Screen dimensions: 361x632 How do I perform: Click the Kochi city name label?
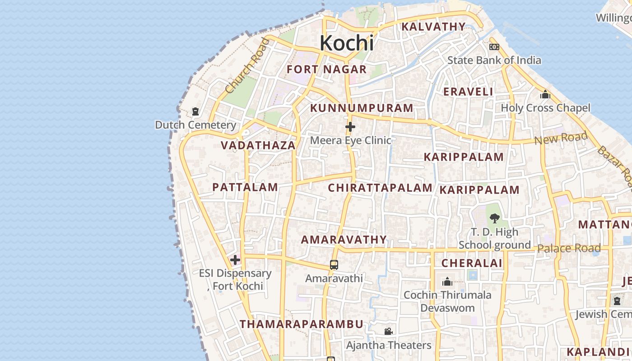347,43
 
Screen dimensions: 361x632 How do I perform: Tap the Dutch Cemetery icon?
195,111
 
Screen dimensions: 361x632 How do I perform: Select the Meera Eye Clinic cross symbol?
350,127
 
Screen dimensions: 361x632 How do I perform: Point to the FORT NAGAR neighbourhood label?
327,69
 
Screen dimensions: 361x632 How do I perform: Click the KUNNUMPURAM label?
362,108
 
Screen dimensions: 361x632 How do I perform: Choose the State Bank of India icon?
494,47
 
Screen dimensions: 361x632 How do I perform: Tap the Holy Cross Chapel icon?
545,95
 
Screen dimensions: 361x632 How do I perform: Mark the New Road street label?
561,138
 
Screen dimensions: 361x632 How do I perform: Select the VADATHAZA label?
258,145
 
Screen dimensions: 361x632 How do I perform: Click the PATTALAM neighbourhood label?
245,187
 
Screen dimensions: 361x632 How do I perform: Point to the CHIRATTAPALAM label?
380,188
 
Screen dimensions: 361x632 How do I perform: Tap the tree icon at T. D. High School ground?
495,218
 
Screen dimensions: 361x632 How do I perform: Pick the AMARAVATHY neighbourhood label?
344,240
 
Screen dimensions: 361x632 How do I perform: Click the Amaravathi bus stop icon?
334,265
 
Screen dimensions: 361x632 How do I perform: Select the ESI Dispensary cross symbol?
235,260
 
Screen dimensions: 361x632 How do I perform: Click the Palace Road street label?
569,248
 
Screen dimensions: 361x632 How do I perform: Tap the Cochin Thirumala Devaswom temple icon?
447,282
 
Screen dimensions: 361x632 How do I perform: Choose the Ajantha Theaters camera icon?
388,332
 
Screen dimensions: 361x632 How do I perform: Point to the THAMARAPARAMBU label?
302,324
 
